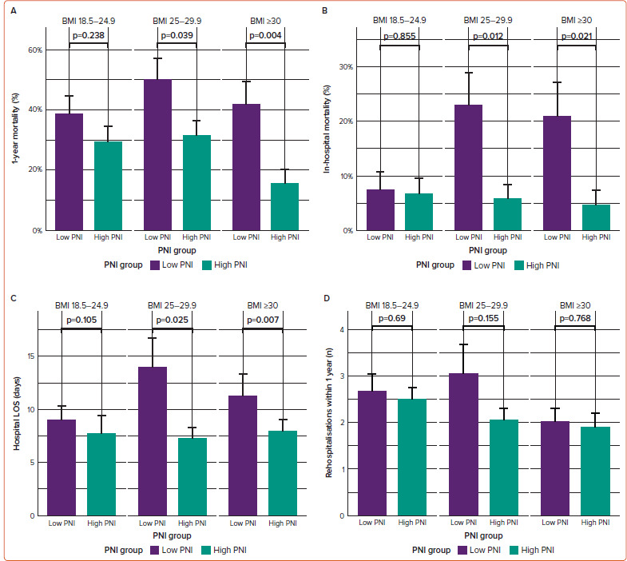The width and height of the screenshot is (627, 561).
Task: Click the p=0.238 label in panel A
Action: [x=89, y=36]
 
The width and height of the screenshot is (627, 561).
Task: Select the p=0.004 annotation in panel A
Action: [x=259, y=36]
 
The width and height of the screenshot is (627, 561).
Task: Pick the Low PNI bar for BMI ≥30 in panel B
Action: [x=557, y=173]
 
